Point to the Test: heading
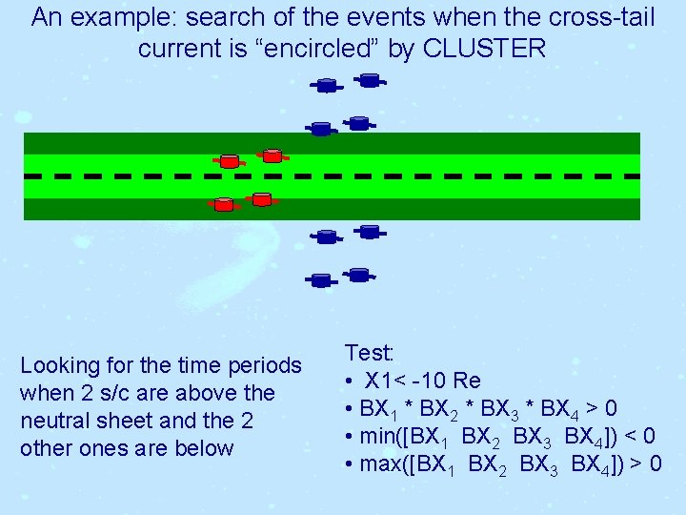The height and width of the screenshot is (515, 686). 370,353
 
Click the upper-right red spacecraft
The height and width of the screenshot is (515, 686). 272,154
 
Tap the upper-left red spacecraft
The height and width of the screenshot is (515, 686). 229,160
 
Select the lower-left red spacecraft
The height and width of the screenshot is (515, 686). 223,204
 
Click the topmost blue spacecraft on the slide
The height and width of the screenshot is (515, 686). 369,81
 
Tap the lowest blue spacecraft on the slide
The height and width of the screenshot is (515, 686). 321,280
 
